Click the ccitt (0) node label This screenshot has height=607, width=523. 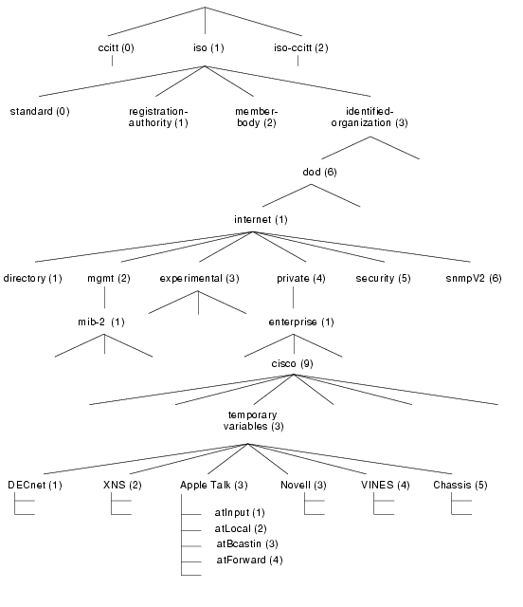(116, 48)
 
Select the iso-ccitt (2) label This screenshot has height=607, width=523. (301, 48)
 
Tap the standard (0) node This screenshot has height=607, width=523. (40, 112)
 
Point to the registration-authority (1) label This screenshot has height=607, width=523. (158, 117)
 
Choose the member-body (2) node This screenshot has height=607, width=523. (257, 117)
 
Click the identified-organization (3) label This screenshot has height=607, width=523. (370, 117)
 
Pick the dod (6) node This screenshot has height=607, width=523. (319, 172)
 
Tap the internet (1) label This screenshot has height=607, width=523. (261, 220)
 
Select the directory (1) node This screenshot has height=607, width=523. (32, 278)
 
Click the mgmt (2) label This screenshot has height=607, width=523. (109, 278)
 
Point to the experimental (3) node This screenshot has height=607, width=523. (199, 278)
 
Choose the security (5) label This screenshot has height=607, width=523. (383, 278)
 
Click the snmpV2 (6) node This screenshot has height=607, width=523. (474, 278)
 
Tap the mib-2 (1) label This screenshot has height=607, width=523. (101, 322)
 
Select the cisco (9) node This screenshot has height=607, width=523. (292, 364)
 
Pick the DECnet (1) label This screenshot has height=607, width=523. (35, 485)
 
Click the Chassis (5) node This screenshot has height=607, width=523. (460, 485)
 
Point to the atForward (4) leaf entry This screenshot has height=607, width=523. (249, 561)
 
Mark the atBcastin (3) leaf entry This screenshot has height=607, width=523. (247, 543)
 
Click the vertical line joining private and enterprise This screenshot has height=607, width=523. (293, 297)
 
